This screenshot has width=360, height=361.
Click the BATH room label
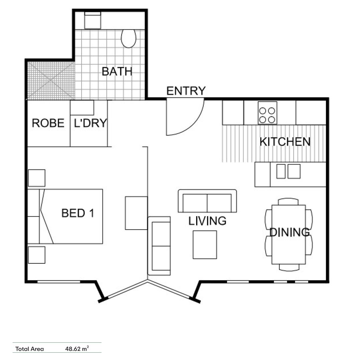[x=117, y=72]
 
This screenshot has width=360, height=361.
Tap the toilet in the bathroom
[x=128, y=38]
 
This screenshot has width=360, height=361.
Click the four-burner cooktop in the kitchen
[x=267, y=113]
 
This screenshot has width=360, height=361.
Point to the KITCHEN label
[x=285, y=142]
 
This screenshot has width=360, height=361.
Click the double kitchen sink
[x=288, y=171]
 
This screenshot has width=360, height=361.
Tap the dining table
[x=289, y=234]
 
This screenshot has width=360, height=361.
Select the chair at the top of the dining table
[x=288, y=202]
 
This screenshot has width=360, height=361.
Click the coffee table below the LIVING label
[x=205, y=245]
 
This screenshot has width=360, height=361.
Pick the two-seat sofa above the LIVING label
[x=207, y=201]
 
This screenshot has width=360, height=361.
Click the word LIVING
[x=207, y=221]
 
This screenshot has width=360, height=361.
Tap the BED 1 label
[x=78, y=213]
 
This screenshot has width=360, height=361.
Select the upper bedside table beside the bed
[x=36, y=178]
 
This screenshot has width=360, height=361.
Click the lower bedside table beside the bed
[x=36, y=255]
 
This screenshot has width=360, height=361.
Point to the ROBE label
[x=48, y=123]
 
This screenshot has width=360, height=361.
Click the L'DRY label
[x=90, y=123]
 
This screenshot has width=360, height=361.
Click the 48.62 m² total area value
[x=77, y=349]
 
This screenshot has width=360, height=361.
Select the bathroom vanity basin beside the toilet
[x=93, y=20]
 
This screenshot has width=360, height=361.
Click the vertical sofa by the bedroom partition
[x=159, y=246]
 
